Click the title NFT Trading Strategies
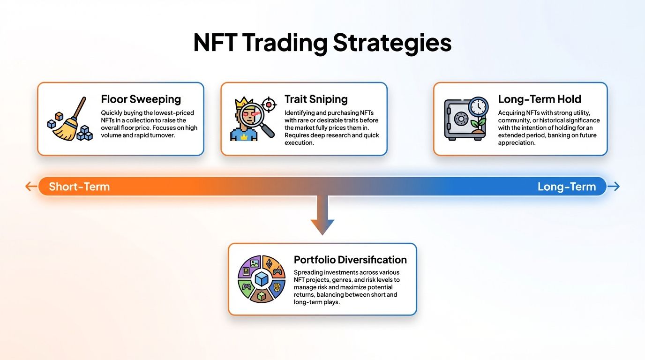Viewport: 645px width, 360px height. click(x=322, y=43)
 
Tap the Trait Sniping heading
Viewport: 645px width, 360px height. click(x=316, y=99)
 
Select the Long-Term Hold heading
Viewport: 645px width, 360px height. click(x=539, y=99)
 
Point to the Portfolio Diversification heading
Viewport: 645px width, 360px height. click(x=350, y=260)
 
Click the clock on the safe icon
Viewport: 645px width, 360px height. click(x=478, y=107)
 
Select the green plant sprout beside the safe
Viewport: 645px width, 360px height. click(x=479, y=125)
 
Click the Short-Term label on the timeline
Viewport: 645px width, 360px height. click(x=79, y=187)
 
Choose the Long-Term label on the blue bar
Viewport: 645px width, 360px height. click(x=566, y=187)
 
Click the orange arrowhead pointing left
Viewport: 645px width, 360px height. click(x=30, y=187)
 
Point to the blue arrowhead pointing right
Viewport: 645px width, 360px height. click(x=615, y=187)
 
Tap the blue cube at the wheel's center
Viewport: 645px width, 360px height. click(x=262, y=279)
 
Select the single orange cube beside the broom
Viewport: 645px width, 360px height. click(x=59, y=116)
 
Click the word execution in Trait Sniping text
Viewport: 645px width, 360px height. click(x=299, y=142)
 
